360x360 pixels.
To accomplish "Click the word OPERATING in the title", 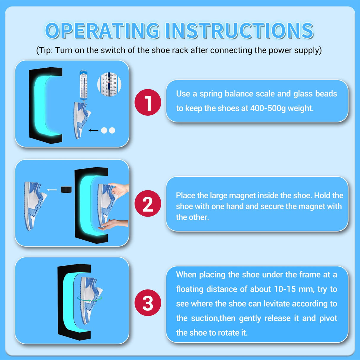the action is [102, 31].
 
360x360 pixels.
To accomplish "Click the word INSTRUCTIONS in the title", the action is [239, 31].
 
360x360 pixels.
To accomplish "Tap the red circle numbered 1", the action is [148, 102].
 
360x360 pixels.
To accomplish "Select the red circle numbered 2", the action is [148, 203].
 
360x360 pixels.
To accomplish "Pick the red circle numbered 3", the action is [148, 303].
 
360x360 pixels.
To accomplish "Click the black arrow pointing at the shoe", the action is [93, 130].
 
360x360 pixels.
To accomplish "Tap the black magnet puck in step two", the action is [66, 189].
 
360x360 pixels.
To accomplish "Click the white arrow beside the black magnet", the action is [52, 190].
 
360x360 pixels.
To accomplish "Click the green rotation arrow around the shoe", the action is [89, 300].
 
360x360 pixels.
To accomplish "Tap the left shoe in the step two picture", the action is [35, 206].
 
